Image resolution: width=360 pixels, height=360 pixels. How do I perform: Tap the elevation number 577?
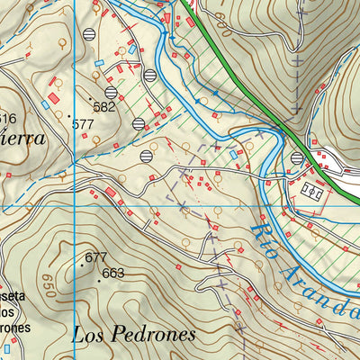click(x=84, y=123)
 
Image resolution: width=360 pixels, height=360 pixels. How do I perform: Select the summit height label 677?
click(x=96, y=257)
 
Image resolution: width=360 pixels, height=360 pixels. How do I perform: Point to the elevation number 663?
click(x=113, y=273)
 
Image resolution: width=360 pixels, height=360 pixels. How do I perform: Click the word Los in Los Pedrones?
click(x=88, y=334)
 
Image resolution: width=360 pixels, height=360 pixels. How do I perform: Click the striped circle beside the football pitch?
click(x=297, y=159)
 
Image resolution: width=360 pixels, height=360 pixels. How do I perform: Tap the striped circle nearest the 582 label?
click(x=111, y=91)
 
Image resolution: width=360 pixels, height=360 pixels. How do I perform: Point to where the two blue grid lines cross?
click(x=73, y=206)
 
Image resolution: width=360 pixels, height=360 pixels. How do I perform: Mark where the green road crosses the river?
click(x=286, y=134)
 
